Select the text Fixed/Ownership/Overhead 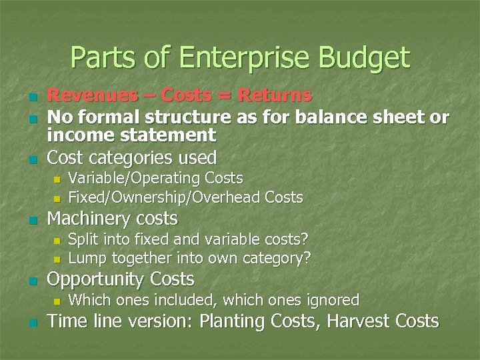coord(165,197)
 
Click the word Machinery coord(89,219)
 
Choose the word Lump coord(85,258)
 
